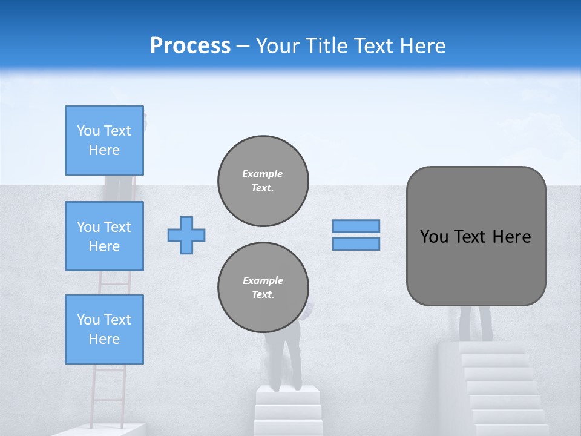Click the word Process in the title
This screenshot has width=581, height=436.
(190, 46)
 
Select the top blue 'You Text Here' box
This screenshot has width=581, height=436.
(104, 140)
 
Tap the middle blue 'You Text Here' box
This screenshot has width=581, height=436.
(104, 236)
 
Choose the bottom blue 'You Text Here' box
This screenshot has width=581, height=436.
(104, 329)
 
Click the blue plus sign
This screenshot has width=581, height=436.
(186, 235)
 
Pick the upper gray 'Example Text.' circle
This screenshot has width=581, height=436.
(263, 181)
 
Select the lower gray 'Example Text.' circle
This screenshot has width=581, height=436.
(263, 288)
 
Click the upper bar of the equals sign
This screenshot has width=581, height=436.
(356, 226)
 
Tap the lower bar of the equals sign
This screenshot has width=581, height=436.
(356, 244)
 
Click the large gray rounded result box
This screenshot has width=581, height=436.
(476, 266)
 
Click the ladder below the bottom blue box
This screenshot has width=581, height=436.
(109, 394)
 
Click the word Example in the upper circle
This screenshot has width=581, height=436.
(263, 174)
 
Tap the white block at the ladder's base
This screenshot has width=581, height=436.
(103, 429)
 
